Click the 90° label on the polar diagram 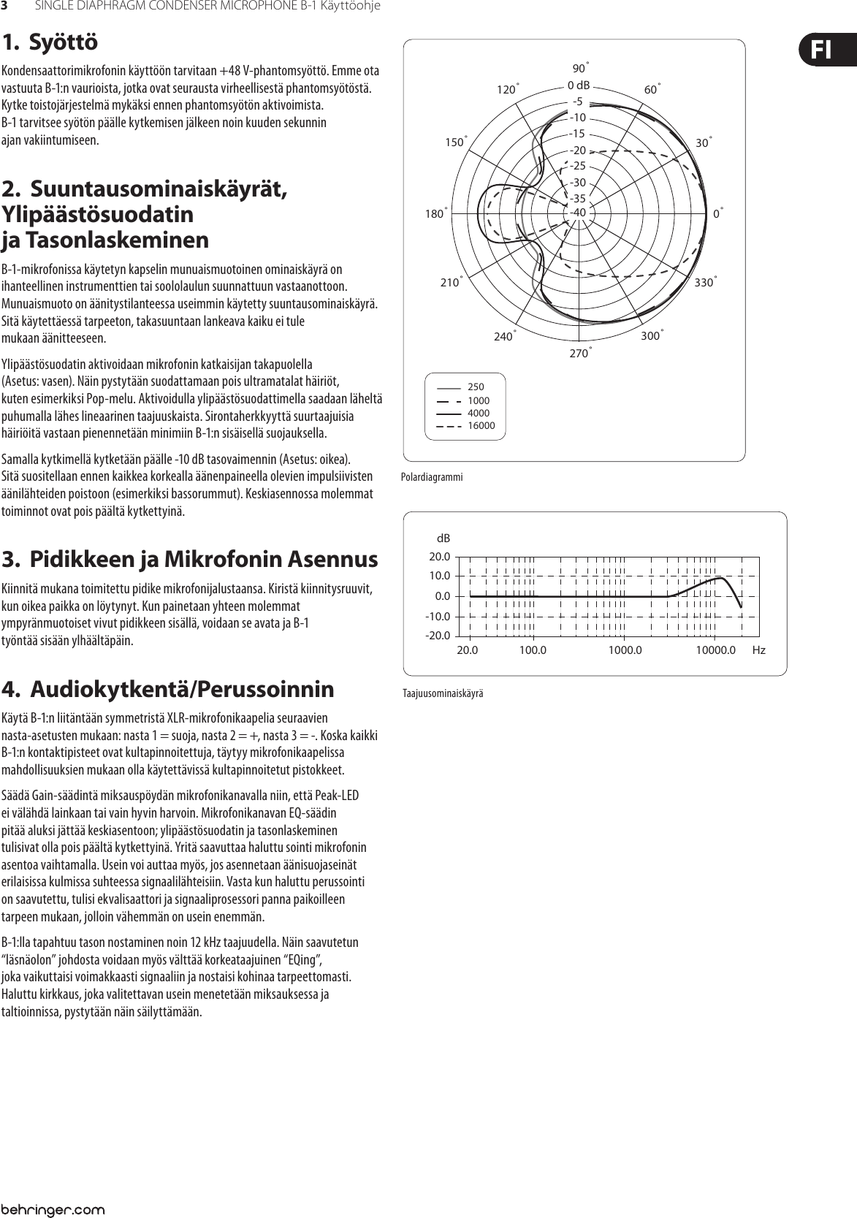(580, 69)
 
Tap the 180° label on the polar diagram (435, 214)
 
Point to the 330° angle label (705, 282)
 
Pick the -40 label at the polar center (579, 212)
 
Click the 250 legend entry (476, 387)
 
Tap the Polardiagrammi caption (432, 477)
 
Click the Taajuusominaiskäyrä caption (443, 693)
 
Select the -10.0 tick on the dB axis (437, 616)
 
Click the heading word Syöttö (63, 42)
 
